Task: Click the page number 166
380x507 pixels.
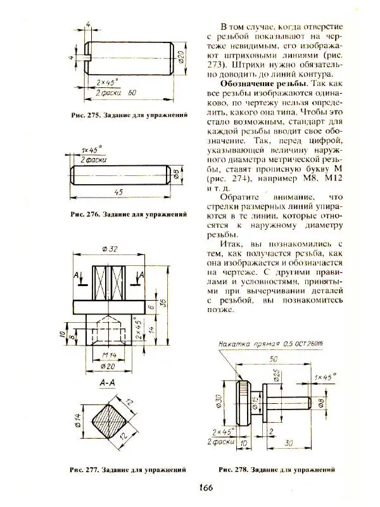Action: [x=203, y=487]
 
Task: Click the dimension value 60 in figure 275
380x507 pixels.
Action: [x=132, y=93]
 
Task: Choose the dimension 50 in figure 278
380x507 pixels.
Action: [x=273, y=359]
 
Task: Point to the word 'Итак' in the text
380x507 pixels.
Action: [x=231, y=242]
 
